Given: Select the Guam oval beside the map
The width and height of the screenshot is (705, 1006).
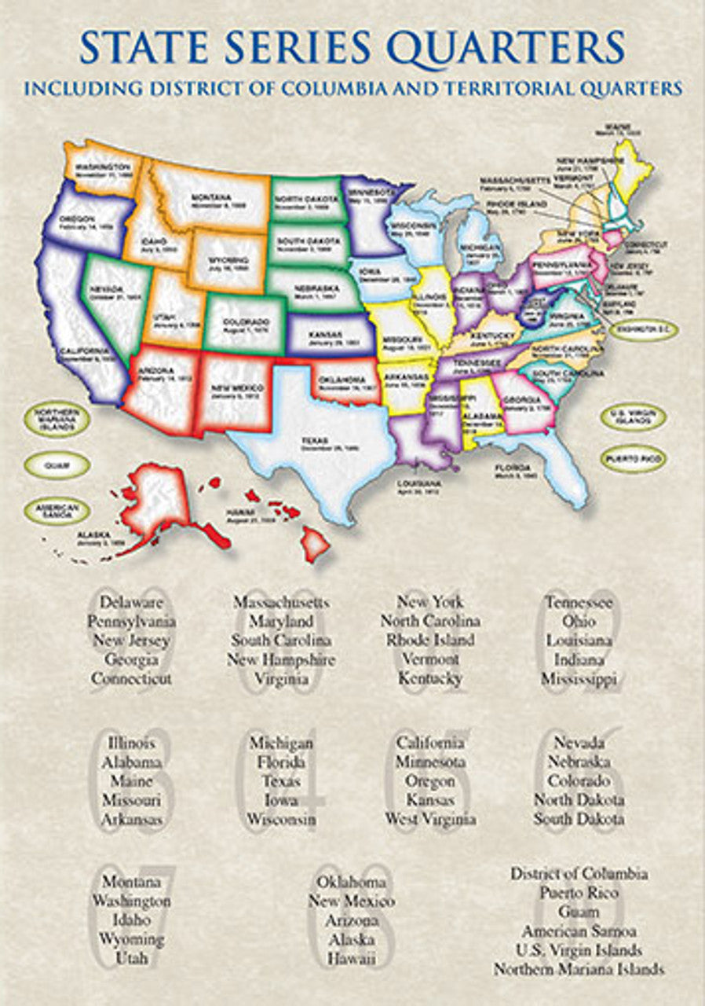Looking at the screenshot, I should [57, 464].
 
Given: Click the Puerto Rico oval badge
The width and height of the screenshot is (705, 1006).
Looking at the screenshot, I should [633, 457].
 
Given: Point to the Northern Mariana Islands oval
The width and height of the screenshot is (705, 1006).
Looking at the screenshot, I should [57, 417].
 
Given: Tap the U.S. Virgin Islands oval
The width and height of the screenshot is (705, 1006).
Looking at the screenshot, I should [633, 417].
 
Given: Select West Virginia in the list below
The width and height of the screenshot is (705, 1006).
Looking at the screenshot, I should [430, 819].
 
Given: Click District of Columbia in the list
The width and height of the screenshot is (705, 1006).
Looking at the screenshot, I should [579, 873].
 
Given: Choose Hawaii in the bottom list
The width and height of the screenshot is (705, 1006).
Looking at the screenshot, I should [352, 958].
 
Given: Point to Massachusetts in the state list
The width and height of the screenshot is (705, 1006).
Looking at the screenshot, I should [281, 603].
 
